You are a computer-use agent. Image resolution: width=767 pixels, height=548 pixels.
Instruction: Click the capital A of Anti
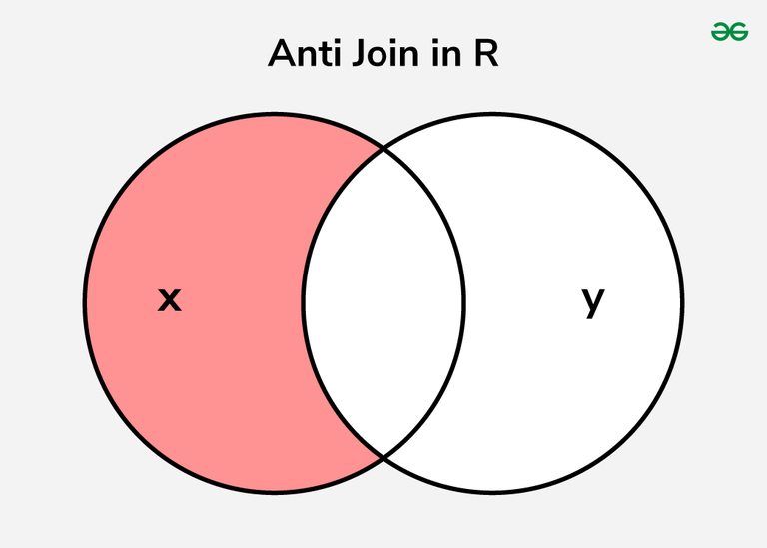[x=281, y=56]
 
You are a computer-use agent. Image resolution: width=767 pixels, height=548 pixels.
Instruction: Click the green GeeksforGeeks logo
[x=729, y=32]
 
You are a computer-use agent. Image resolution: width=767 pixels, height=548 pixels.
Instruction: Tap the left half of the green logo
[x=720, y=32]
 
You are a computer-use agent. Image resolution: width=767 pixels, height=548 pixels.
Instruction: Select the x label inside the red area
[x=170, y=298]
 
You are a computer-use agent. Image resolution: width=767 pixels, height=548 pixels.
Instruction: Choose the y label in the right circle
[x=593, y=299]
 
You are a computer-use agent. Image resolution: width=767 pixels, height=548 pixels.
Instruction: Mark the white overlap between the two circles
[x=383, y=299]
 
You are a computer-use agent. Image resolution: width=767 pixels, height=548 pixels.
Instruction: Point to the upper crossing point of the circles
[x=383, y=150]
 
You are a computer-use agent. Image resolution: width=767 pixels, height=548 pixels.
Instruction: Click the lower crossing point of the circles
[x=383, y=456]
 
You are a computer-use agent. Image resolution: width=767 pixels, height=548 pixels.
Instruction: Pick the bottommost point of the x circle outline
[x=274, y=492]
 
